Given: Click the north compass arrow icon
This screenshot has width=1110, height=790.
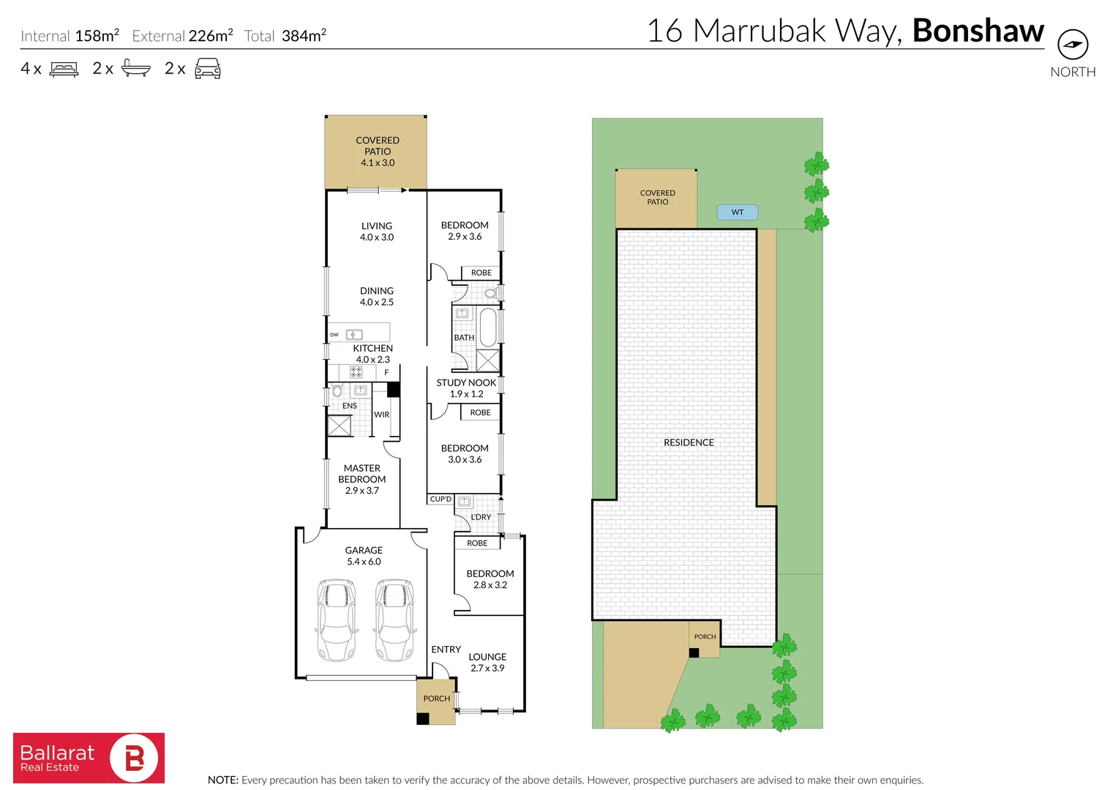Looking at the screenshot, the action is point(1073,45).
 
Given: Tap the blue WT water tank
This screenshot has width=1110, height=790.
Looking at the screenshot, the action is point(738,212).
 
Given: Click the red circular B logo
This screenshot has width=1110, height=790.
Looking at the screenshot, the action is point(134,758).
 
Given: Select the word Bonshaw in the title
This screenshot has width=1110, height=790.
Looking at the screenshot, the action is point(978,31).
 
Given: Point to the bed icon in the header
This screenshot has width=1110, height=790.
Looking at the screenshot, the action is point(64,69).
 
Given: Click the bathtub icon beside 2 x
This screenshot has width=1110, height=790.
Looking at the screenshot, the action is point(136,68).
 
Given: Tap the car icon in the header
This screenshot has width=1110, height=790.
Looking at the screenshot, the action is point(208,68).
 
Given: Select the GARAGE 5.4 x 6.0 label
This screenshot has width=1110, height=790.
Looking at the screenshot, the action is point(364,556).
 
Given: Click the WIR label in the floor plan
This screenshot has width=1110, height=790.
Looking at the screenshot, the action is point(381,415).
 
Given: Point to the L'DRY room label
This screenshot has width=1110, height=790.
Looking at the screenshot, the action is point(481,517).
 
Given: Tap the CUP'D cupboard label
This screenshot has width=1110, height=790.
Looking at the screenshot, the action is point(440,500).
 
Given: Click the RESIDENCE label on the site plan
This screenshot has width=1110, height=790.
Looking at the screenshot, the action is point(689,443).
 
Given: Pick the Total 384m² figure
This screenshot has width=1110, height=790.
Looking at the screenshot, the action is point(285,36).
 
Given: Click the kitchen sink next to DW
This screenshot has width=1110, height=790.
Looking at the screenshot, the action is point(354,335).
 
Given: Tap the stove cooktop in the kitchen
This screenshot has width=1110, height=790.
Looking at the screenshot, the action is point(356,372).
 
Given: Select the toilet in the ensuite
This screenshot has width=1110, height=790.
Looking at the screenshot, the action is point(337,391).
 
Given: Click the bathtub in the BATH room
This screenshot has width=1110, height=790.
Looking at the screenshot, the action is point(488,328).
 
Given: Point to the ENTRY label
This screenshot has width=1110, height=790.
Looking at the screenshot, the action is point(446,650).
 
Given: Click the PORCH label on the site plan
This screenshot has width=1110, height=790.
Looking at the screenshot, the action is point(705,637).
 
